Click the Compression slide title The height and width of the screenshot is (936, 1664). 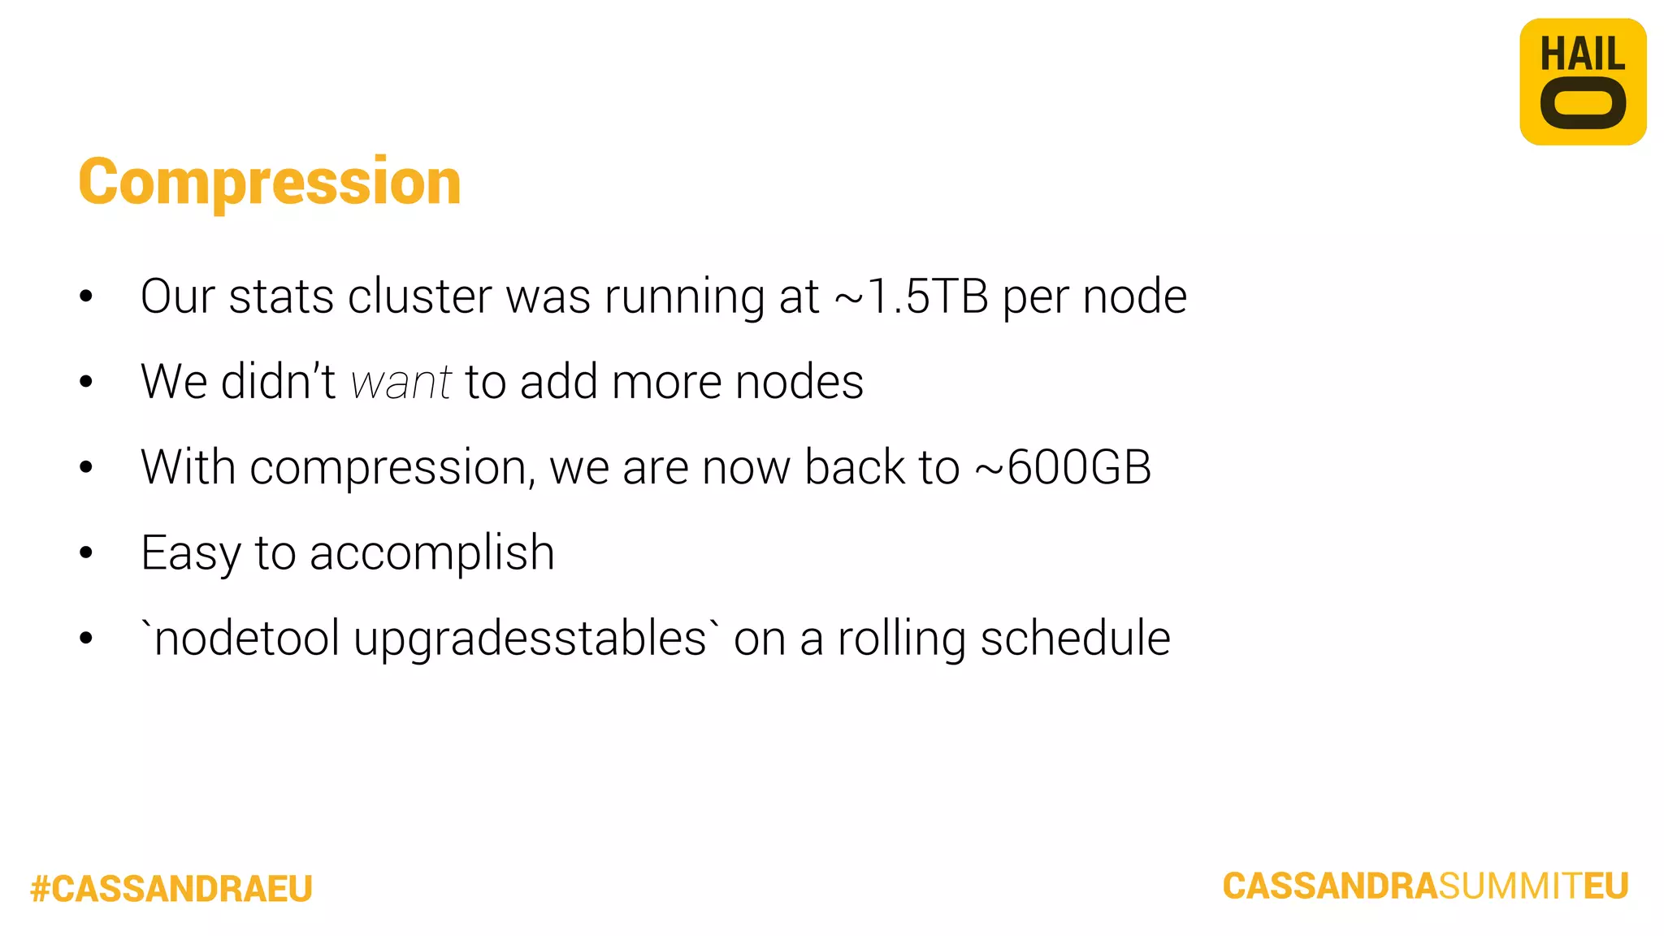click(270, 182)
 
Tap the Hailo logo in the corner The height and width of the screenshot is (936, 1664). click(1583, 82)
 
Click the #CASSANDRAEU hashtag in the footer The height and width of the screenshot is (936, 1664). click(171, 888)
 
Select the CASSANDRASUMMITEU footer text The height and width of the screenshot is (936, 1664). click(1425, 886)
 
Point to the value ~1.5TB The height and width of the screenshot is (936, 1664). click(911, 296)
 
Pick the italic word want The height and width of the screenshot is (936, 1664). click(401, 382)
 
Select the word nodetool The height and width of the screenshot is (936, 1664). click(246, 639)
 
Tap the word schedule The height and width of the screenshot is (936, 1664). click(1075, 639)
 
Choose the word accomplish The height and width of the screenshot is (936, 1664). click(432, 554)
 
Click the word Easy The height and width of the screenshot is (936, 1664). click(191, 554)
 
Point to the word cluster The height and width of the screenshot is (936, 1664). click(419, 296)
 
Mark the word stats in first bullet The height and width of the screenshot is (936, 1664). click(281, 296)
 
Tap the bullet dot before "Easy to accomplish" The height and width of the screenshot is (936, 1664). click(86, 553)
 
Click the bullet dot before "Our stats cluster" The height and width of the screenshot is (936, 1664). click(86, 297)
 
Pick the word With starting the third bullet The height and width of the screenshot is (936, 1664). click(188, 467)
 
